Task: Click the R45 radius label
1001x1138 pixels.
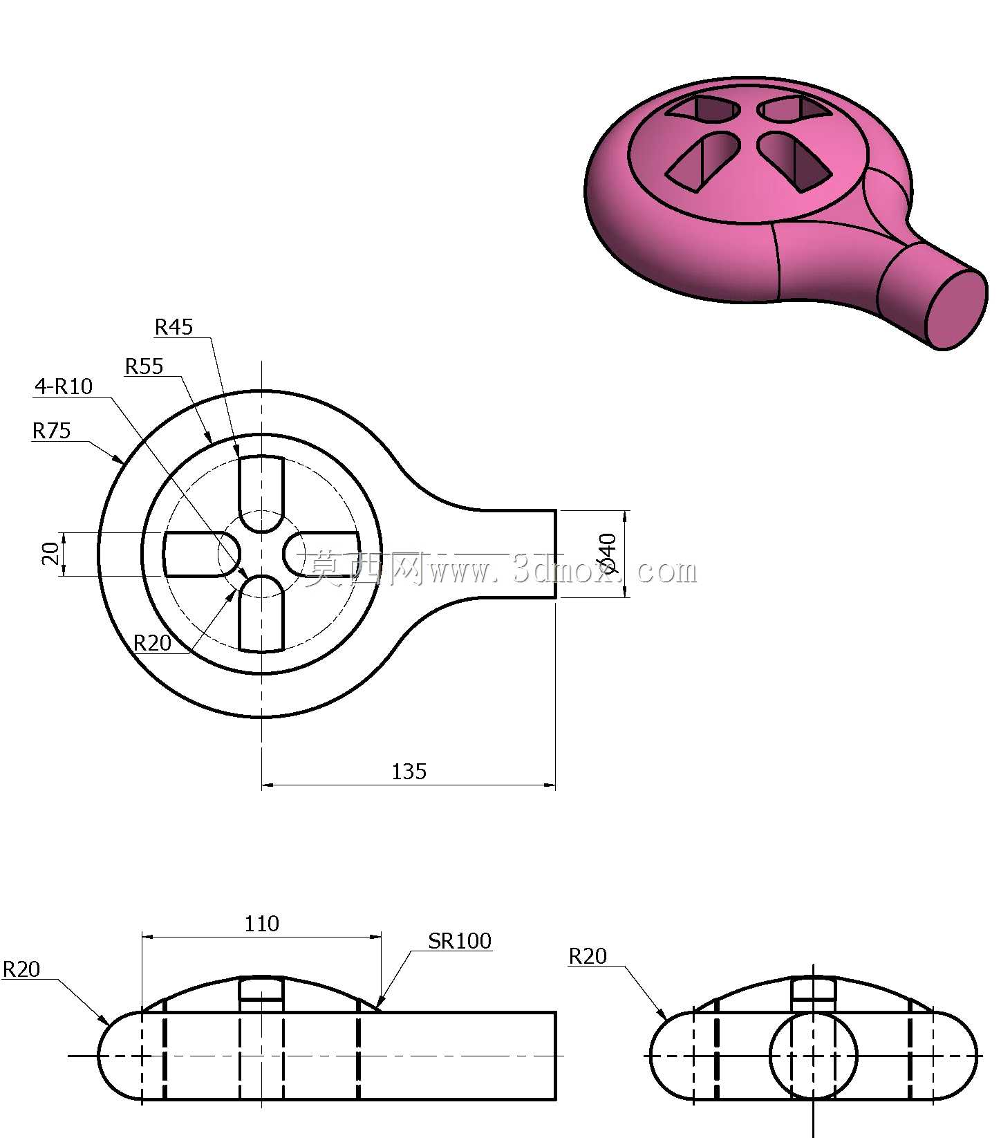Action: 174,327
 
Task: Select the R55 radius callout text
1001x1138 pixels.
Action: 144,366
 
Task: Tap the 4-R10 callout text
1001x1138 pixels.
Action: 64,386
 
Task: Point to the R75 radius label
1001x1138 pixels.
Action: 52,431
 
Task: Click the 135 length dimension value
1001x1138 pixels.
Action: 409,772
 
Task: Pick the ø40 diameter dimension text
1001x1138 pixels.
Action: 607,554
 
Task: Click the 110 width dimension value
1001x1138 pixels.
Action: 262,924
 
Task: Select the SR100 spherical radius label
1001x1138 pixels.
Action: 460,941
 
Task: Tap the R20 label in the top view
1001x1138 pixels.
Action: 152,644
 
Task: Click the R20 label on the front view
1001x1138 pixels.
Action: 21,970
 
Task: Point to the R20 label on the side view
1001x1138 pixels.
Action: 588,956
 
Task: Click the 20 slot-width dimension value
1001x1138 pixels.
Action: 50,554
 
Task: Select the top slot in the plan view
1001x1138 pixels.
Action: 261,494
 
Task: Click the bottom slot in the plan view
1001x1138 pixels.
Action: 261,614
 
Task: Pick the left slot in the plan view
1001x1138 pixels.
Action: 201,554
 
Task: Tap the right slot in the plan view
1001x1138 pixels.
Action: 321,554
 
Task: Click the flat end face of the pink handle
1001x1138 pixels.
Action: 957,309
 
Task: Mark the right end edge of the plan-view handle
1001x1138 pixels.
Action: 555,554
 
